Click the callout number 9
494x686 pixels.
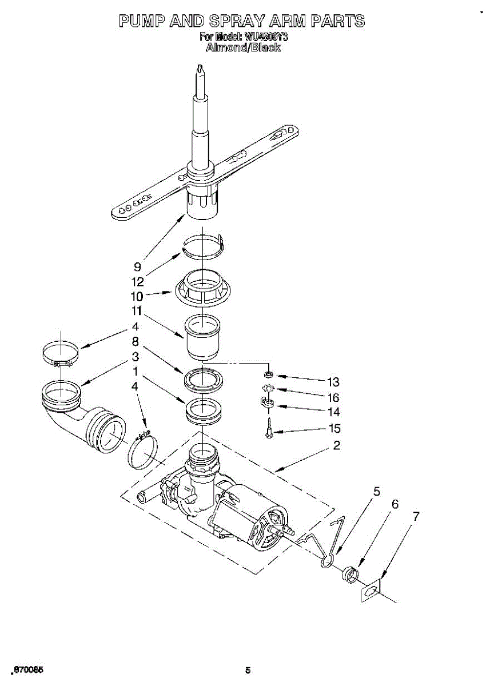137,266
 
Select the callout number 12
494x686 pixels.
137,281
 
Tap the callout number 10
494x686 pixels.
137,296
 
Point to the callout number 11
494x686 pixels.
137,312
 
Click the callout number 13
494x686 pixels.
333,382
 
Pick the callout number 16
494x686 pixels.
333,397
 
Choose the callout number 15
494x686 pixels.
333,428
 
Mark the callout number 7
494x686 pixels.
416,516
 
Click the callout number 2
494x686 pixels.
337,446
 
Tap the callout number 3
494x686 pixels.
136,357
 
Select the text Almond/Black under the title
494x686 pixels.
243,48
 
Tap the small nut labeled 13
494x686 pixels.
268,375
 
